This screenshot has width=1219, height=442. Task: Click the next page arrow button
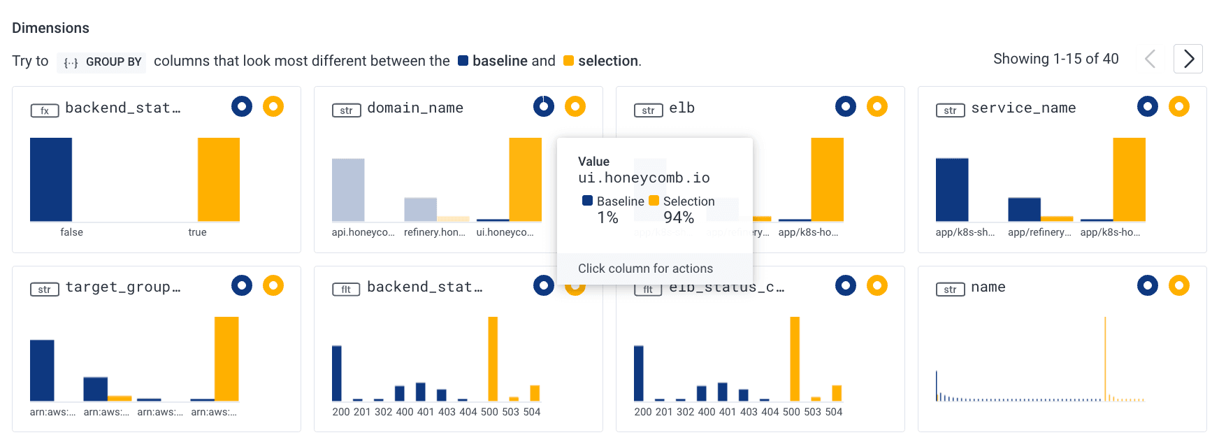coord(1188,59)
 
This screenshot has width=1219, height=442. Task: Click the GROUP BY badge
coord(101,62)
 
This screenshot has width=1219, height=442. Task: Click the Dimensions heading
coord(50,28)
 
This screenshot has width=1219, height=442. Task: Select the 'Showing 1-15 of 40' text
coord(1055,59)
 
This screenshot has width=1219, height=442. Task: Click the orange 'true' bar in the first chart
coord(218,179)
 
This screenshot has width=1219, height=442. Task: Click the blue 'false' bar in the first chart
coord(51,179)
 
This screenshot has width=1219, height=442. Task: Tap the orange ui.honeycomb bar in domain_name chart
coord(525,179)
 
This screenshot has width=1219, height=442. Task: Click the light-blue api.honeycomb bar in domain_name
coord(348,190)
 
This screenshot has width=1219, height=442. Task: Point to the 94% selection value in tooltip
coord(678,218)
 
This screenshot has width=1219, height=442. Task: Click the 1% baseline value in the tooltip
coord(607,218)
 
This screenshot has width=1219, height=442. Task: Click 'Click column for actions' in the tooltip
coord(645,269)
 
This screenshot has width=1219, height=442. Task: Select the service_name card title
coord(1023,108)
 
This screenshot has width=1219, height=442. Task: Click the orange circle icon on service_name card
coord(1178,106)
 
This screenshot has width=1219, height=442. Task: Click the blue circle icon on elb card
coord(845,106)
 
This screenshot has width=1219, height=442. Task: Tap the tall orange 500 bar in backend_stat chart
coord(493,358)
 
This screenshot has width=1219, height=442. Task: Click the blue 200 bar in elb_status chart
coord(638,373)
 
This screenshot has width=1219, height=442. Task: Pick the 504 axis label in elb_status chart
coord(834,412)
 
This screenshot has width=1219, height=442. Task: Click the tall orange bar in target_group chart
coord(226,358)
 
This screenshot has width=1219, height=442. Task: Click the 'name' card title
coord(988,287)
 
